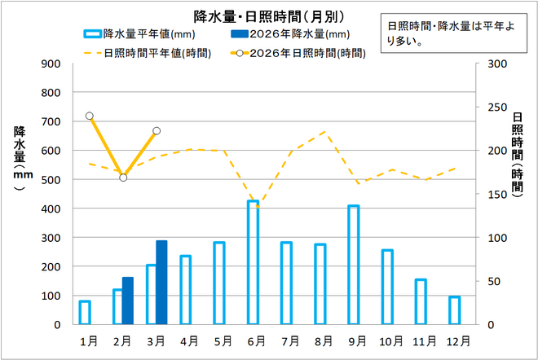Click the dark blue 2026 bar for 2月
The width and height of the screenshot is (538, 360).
point(127,301)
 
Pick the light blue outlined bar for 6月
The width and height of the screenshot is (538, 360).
point(253,262)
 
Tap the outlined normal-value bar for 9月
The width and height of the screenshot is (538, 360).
point(353,265)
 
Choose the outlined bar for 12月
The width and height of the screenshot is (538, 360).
point(454,310)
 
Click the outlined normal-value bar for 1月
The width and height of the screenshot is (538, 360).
point(85,313)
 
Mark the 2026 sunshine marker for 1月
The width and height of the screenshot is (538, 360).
point(90,116)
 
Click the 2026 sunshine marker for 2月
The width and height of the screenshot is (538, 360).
point(123,177)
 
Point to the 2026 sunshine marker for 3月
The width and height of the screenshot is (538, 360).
point(157,130)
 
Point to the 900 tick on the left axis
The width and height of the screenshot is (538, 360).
point(51,64)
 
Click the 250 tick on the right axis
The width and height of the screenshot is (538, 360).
point(496,108)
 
